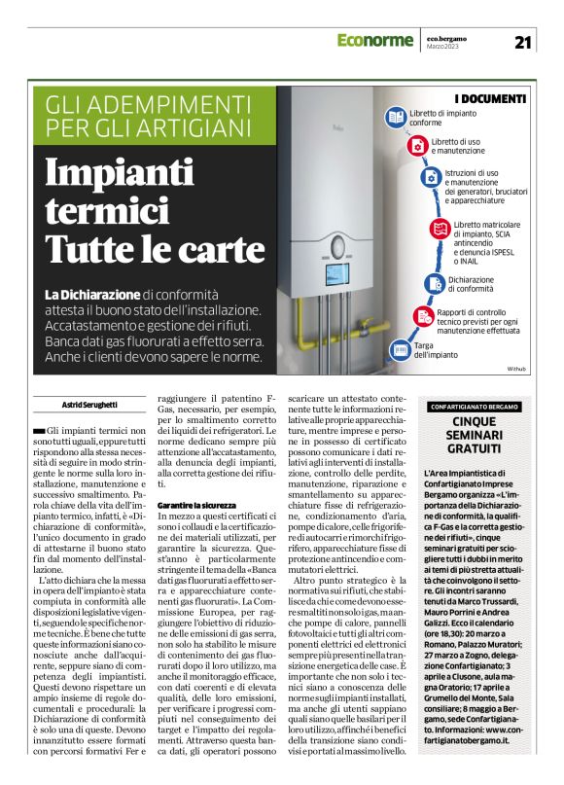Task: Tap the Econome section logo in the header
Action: click(x=376, y=41)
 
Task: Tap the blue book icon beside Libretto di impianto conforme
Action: click(x=395, y=118)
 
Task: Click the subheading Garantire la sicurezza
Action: click(x=196, y=506)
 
